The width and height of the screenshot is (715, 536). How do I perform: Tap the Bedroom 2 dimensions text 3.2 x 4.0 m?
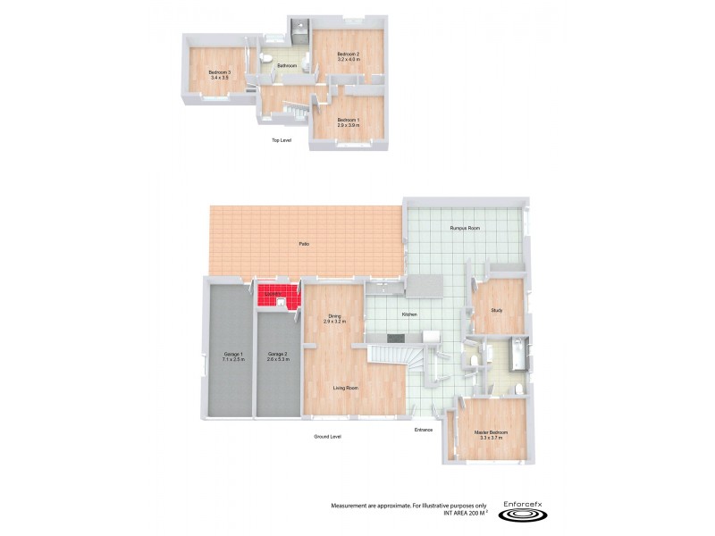point(348,60)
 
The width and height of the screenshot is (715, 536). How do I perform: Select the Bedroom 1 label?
point(348,120)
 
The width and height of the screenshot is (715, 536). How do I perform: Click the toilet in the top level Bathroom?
point(265,60)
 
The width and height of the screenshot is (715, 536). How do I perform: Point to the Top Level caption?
point(282,140)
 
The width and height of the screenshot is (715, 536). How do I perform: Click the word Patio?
point(305,244)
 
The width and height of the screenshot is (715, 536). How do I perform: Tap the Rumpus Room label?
point(465,229)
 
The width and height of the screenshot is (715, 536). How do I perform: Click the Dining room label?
point(334,315)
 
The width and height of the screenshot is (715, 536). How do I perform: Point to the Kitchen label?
point(410,314)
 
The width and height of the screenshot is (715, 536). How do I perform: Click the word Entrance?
point(423,430)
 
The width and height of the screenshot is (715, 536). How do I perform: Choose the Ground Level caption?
point(327,436)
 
